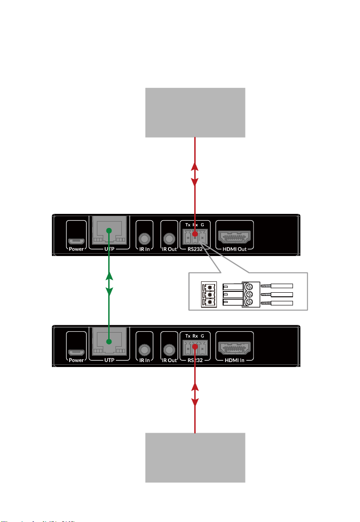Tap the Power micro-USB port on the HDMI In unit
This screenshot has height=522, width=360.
point(76,351)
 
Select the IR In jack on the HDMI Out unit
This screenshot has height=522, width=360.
point(145,238)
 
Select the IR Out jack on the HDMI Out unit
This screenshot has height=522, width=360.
point(169,238)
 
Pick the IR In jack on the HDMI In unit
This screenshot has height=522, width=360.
point(145,349)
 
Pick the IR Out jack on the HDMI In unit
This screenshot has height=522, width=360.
point(169,349)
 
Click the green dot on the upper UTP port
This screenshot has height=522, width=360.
point(109,231)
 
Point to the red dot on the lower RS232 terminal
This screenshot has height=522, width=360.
point(195,347)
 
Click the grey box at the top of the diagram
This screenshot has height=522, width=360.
point(195,112)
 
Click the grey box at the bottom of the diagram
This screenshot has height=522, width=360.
point(195,457)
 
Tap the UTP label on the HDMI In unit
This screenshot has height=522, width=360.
point(109,360)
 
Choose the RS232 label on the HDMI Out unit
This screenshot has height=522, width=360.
point(195,248)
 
